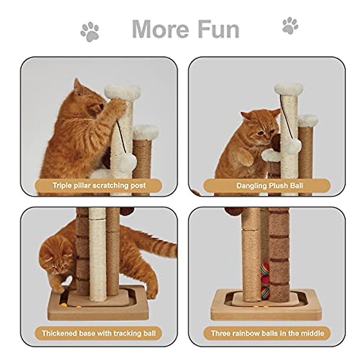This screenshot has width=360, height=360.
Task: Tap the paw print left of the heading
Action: click(90, 31)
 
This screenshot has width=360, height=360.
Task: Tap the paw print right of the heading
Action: click(290, 26)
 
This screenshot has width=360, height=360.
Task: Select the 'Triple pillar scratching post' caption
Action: click(99, 185)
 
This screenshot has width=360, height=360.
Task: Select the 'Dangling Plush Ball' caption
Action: click(269, 185)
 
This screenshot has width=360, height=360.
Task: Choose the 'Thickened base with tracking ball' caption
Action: click(99, 333)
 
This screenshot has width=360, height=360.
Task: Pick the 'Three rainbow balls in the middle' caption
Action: click(267, 333)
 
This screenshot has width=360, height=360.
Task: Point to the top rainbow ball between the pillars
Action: click(265, 269)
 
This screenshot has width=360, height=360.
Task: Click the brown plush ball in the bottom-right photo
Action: click(233, 211)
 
